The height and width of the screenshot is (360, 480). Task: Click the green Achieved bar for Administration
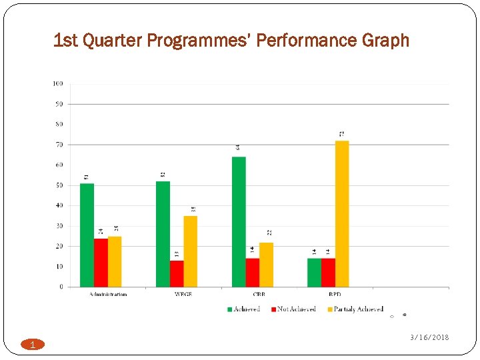coord(87,235)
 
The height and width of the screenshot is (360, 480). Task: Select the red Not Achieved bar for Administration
coord(101,263)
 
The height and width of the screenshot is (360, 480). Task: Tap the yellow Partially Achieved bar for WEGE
coord(191,251)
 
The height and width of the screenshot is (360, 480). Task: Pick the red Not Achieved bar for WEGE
coord(177,274)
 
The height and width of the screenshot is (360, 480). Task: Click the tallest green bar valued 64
coord(239,222)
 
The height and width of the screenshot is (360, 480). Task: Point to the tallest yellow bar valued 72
coord(342,214)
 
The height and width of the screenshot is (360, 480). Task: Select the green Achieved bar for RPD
coord(314,273)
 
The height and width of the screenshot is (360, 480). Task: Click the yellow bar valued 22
coord(267,265)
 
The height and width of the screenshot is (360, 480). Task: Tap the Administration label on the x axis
coord(108,294)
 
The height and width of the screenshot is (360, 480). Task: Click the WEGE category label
coord(183,294)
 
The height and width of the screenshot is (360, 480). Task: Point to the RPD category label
coord(335,294)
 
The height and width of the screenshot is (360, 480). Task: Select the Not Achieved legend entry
coord(293,309)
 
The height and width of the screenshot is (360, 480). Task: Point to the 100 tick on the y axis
coord(58,83)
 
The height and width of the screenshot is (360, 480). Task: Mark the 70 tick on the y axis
coord(59,145)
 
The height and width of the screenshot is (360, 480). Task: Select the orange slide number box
coord(31,345)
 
